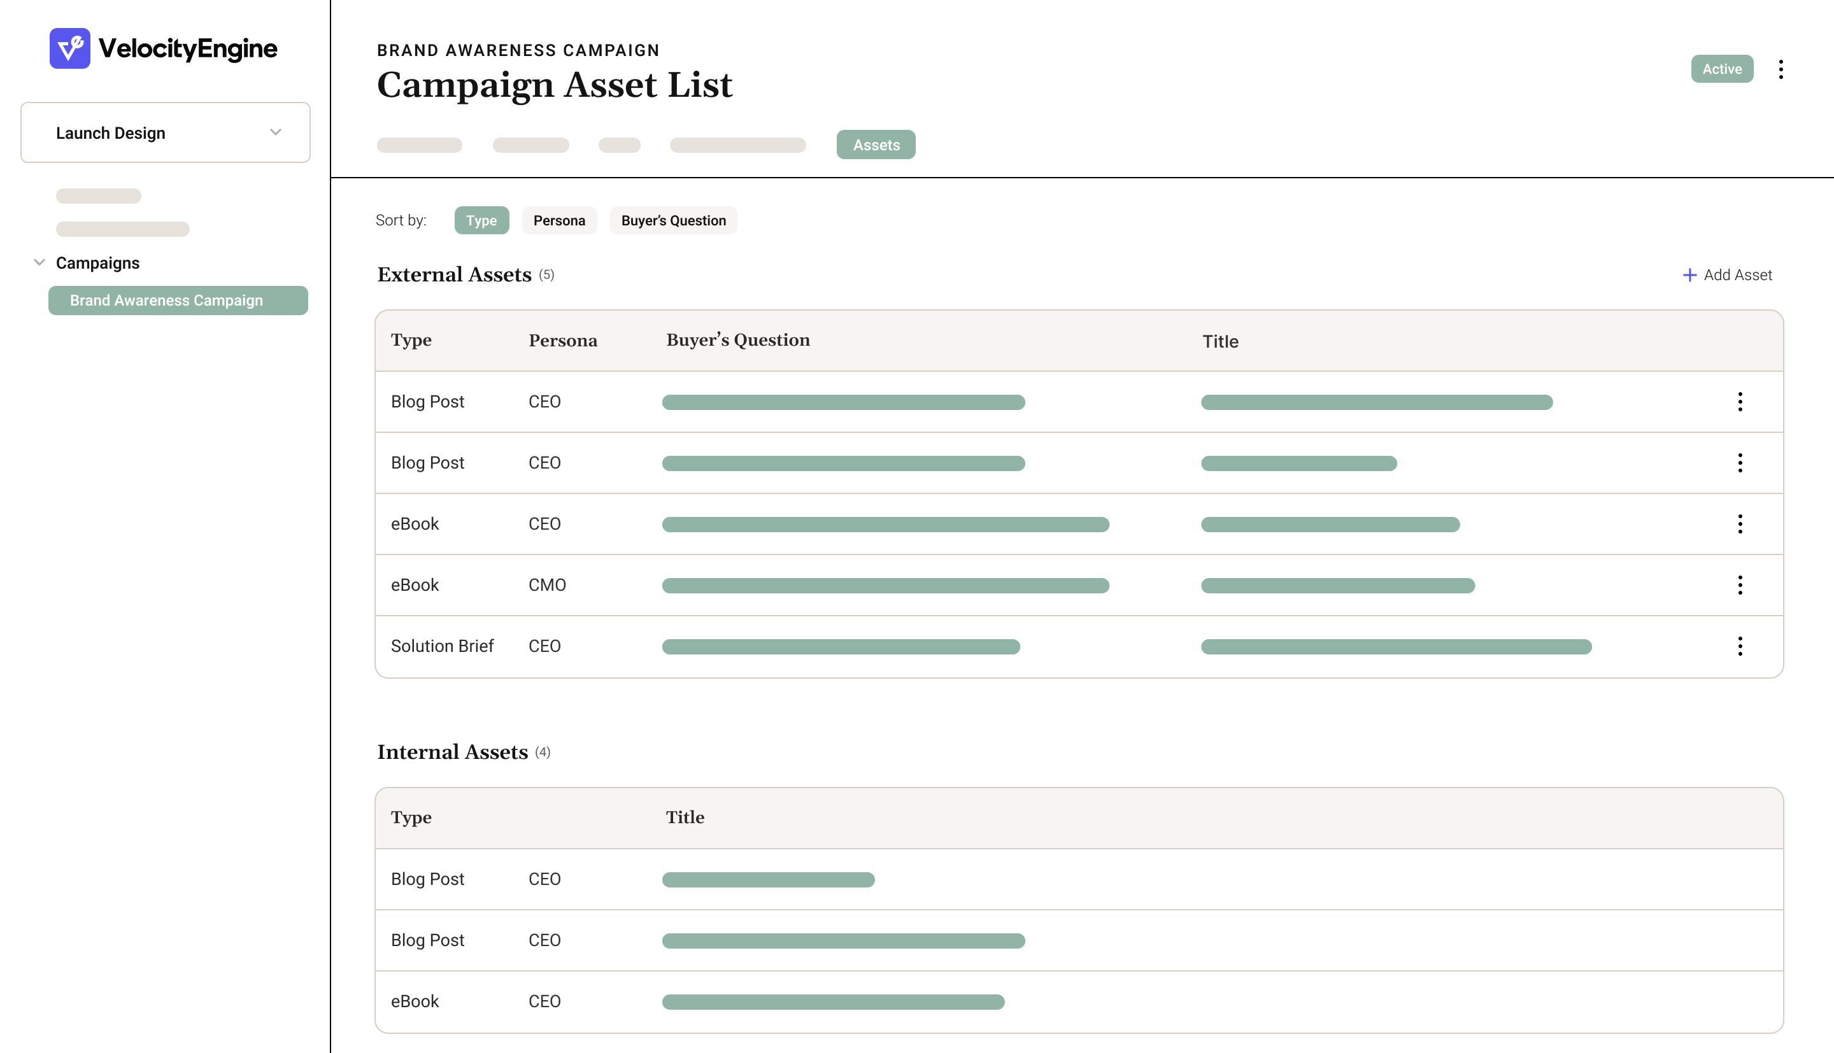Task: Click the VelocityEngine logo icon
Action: pos(69,48)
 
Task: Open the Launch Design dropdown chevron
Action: pos(276,132)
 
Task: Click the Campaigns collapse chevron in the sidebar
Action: pos(39,262)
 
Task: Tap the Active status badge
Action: pos(1721,69)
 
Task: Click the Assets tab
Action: pos(876,145)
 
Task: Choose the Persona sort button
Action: pos(559,220)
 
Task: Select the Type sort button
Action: pos(481,220)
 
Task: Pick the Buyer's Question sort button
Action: pos(672,220)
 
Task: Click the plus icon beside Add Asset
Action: pos(1689,275)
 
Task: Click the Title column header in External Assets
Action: pos(1220,341)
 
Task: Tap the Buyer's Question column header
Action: pos(737,340)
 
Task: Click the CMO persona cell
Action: pos(547,585)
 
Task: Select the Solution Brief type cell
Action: pos(442,646)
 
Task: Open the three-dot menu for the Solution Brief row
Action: pos(1740,646)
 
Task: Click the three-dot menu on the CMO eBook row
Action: pos(1740,585)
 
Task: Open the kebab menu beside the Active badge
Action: pos(1781,69)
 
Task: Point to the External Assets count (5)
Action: pos(547,275)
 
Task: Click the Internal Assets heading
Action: pos(453,752)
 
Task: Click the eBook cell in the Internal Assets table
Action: pos(415,1001)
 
